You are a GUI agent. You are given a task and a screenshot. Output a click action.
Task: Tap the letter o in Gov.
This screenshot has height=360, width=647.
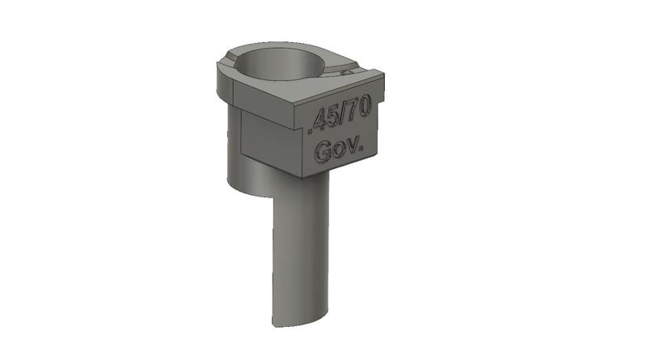tap(340, 150)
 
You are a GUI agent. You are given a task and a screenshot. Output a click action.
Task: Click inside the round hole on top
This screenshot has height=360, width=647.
tap(280, 65)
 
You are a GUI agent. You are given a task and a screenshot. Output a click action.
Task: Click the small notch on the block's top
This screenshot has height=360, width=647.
tap(349, 73)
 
